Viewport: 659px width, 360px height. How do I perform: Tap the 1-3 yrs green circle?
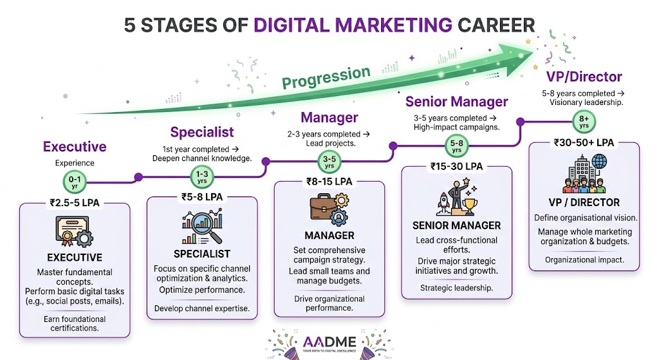point(201,176)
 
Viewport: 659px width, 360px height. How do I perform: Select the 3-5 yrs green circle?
point(329,162)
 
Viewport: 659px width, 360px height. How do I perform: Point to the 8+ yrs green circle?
point(584,120)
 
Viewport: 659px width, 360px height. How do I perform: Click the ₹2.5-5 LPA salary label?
point(75,203)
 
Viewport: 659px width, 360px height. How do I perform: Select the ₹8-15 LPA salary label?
point(329,182)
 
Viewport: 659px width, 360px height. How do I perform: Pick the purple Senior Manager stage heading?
point(456,102)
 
